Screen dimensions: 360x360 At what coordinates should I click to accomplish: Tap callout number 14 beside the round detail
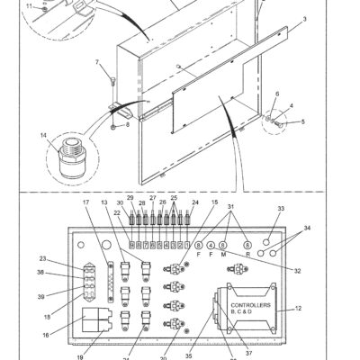pos(42,136)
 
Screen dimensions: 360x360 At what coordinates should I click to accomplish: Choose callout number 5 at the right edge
pos(302,120)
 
